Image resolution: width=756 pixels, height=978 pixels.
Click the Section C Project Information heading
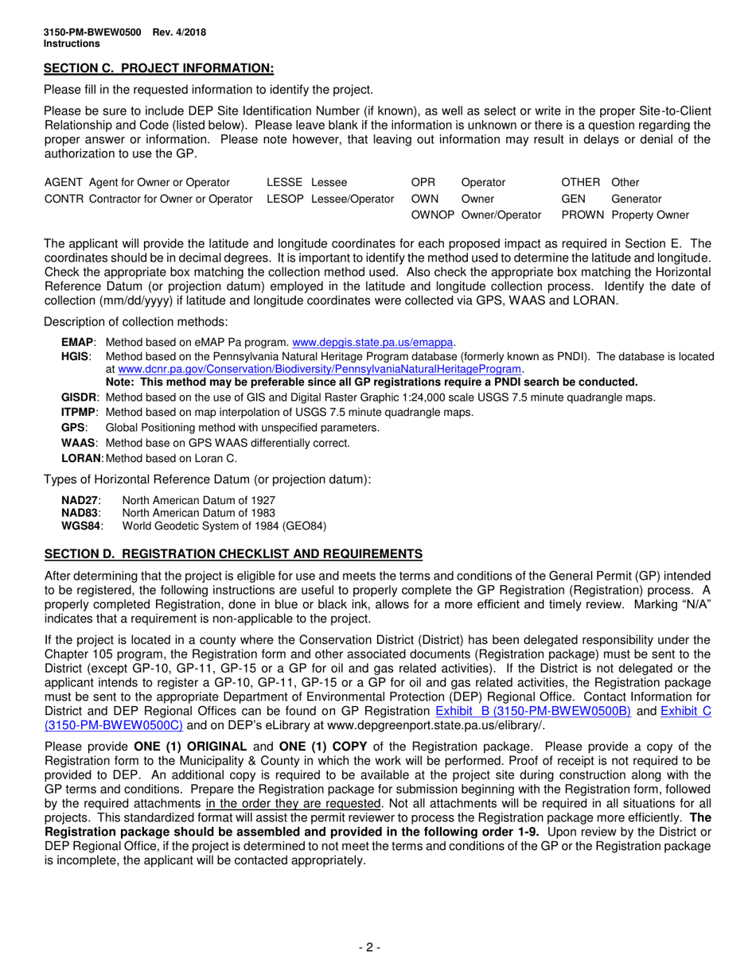[x=158, y=68]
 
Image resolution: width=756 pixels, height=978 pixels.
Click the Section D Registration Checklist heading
[x=232, y=553]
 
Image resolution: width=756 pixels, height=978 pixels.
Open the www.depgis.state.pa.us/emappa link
[x=373, y=343]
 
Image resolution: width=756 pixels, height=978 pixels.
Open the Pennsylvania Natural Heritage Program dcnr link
[x=320, y=369]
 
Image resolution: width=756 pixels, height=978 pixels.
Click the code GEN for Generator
[x=573, y=199]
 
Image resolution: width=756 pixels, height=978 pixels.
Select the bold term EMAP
[x=77, y=343]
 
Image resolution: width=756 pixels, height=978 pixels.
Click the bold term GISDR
[x=80, y=398]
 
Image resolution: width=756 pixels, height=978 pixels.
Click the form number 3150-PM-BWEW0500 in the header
[x=92, y=33]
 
